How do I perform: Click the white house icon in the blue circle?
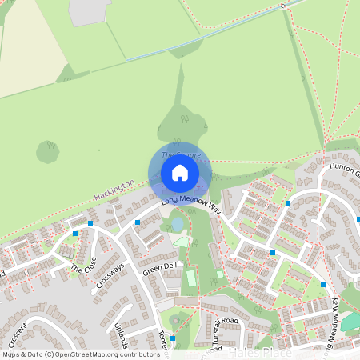pos(180,173)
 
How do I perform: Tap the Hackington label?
pos(114,190)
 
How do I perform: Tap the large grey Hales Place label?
pos(255,352)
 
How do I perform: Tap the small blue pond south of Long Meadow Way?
pos(176,226)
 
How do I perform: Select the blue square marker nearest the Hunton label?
pos(287,203)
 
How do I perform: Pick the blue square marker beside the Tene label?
pos(173,338)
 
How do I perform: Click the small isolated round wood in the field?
pos(48,150)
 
